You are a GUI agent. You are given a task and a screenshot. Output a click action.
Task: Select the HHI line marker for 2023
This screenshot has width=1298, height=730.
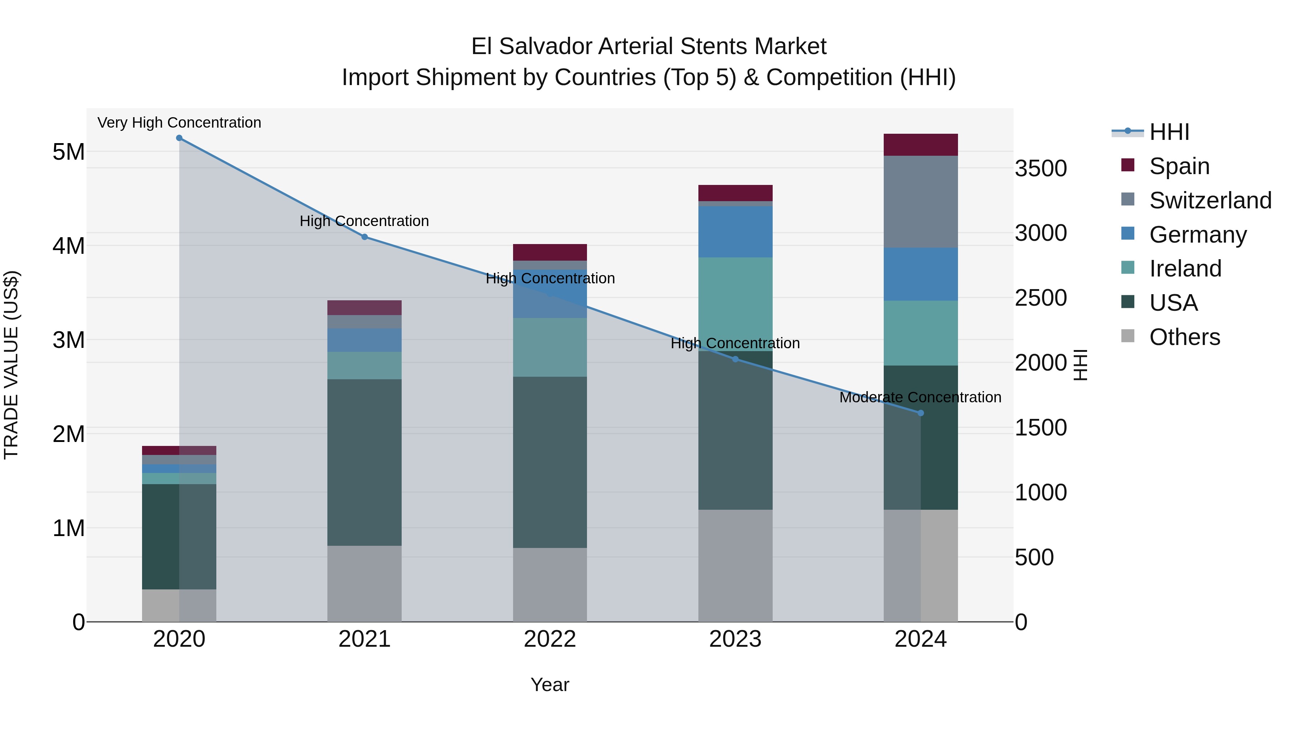735,359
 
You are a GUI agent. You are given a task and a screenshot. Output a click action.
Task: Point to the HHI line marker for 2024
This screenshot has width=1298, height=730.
920,413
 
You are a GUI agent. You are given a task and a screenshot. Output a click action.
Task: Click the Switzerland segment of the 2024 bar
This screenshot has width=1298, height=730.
920,202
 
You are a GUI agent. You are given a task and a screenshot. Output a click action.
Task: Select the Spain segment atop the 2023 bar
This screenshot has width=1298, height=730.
735,193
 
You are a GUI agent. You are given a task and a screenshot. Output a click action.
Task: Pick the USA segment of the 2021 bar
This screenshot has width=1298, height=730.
364,462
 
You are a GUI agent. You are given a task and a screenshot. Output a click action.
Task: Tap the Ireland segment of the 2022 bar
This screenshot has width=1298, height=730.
550,347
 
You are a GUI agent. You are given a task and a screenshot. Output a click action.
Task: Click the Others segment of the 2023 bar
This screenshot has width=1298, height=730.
735,565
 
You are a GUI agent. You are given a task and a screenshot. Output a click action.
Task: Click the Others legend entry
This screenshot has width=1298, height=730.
1184,337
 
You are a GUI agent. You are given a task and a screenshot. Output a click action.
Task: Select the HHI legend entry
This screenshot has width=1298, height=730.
1169,132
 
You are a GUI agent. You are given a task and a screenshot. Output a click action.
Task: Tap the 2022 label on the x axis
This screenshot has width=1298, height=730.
550,639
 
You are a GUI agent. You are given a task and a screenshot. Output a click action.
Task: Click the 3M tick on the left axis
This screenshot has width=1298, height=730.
69,340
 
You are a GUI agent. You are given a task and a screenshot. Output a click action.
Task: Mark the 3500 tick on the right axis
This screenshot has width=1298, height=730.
1041,168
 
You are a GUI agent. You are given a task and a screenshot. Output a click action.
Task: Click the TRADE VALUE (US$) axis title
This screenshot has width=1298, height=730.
11,365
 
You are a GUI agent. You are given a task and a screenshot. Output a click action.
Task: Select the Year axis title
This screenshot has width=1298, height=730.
550,685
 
